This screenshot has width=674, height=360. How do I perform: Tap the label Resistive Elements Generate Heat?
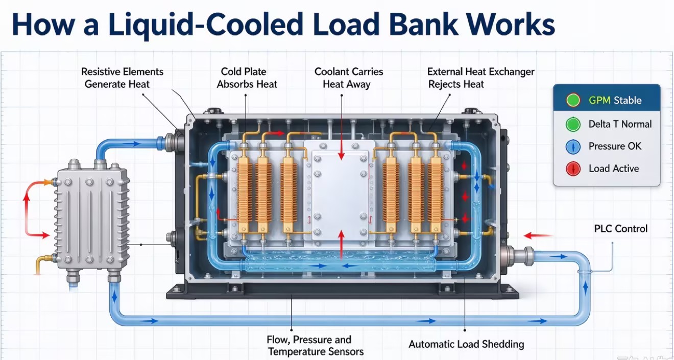[x=122, y=78]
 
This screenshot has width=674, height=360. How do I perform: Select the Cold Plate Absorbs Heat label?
[x=247, y=78]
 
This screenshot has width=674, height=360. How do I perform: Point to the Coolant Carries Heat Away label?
[x=349, y=78]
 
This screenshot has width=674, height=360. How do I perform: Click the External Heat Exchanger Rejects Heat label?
[x=480, y=78]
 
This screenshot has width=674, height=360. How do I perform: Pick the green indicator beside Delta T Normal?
[x=573, y=124]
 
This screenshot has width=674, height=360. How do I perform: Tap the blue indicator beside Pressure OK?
[x=573, y=147]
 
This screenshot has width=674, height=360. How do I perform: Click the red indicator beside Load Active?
[x=573, y=169]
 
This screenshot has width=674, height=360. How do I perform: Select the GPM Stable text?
[x=615, y=100]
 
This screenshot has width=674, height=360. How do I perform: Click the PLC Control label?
[x=620, y=229]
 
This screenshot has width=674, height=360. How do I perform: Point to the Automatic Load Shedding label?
[x=466, y=344]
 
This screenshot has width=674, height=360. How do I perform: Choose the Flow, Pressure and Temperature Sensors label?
[x=316, y=346]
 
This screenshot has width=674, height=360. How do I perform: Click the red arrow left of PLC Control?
[x=538, y=235]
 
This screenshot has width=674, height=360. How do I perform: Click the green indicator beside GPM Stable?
[x=573, y=100]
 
